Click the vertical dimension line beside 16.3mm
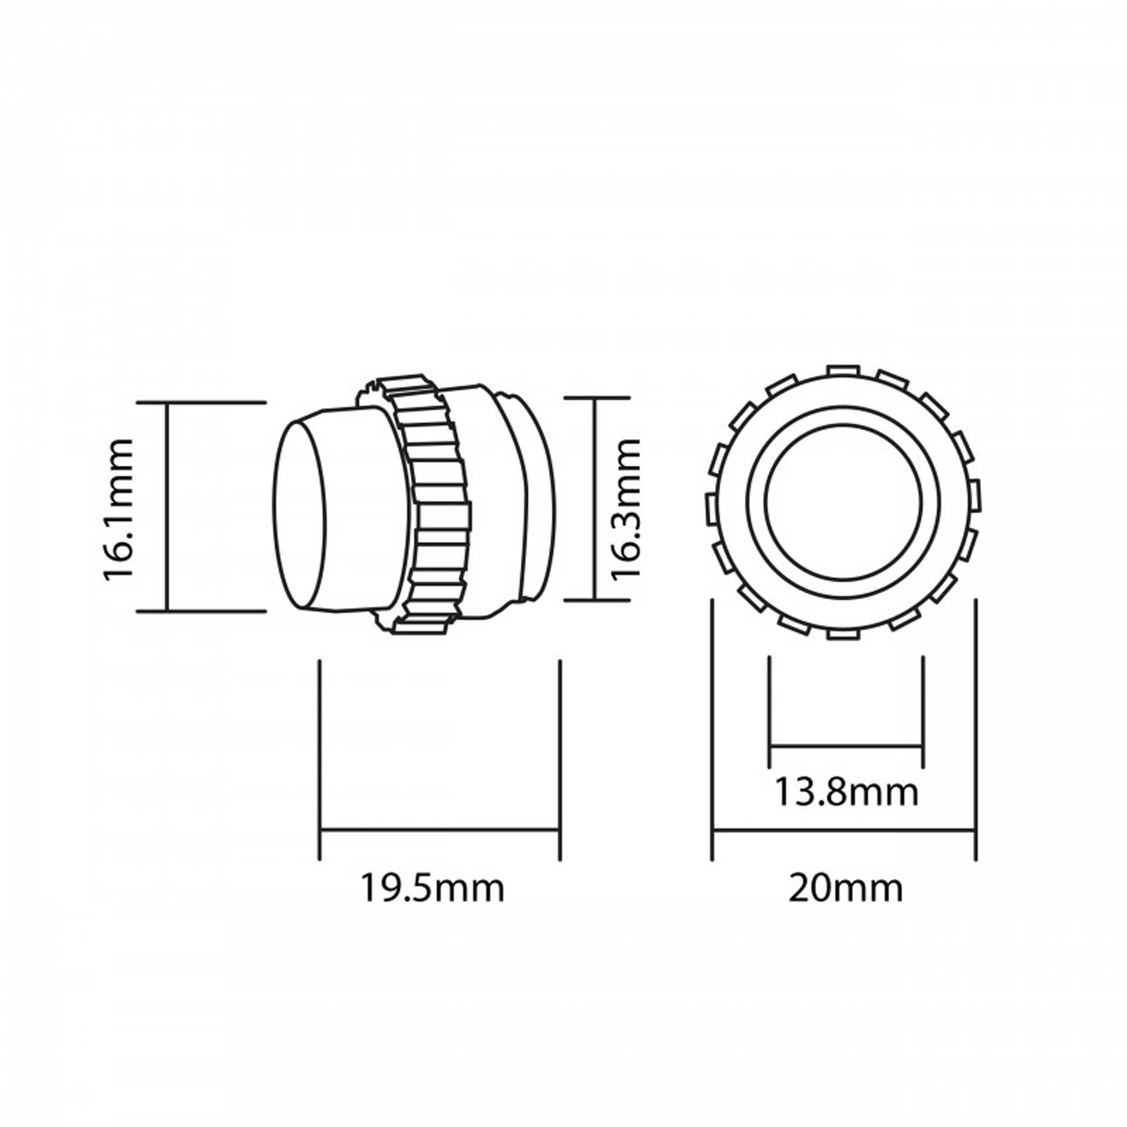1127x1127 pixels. click(x=595, y=499)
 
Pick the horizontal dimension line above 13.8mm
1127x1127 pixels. click(x=846, y=746)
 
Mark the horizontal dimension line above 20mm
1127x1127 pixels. click(x=843, y=830)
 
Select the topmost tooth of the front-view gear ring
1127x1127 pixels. click(x=843, y=371)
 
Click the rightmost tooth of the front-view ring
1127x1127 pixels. click(x=976, y=495)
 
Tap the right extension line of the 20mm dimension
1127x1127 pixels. click(x=976, y=729)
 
